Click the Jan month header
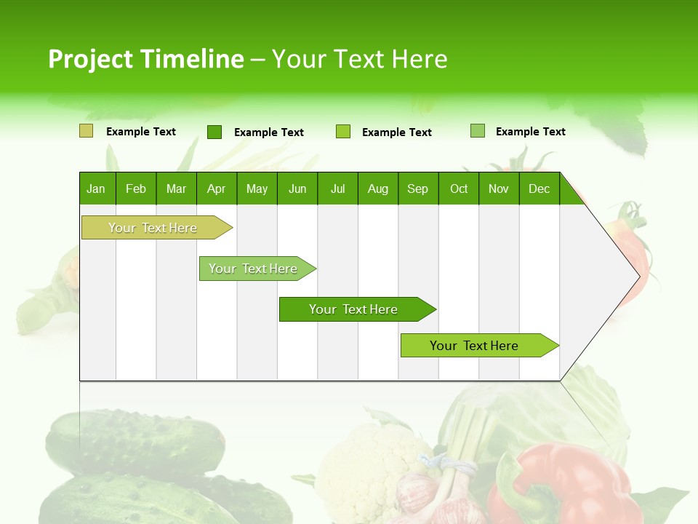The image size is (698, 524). pyautogui.click(x=97, y=188)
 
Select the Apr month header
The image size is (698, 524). pyautogui.click(x=216, y=188)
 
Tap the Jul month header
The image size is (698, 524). pyautogui.click(x=337, y=188)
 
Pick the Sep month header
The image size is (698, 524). pyautogui.click(x=417, y=188)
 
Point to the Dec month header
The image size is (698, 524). pyautogui.click(x=539, y=188)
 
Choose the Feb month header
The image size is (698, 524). pyautogui.click(x=136, y=188)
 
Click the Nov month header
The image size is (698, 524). pyautogui.click(x=498, y=188)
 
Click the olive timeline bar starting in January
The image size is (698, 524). pyautogui.click(x=153, y=228)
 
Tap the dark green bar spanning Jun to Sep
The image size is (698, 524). pyautogui.click(x=354, y=309)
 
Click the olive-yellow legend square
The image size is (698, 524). pyautogui.click(x=86, y=131)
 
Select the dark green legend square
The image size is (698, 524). pyautogui.click(x=214, y=132)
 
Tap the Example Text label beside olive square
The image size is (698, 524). pyautogui.click(x=141, y=132)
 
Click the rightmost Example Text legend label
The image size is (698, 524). pyautogui.click(x=530, y=132)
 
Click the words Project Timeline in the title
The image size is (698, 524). pyautogui.click(x=146, y=59)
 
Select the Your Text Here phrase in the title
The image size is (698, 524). pyautogui.click(x=359, y=59)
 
